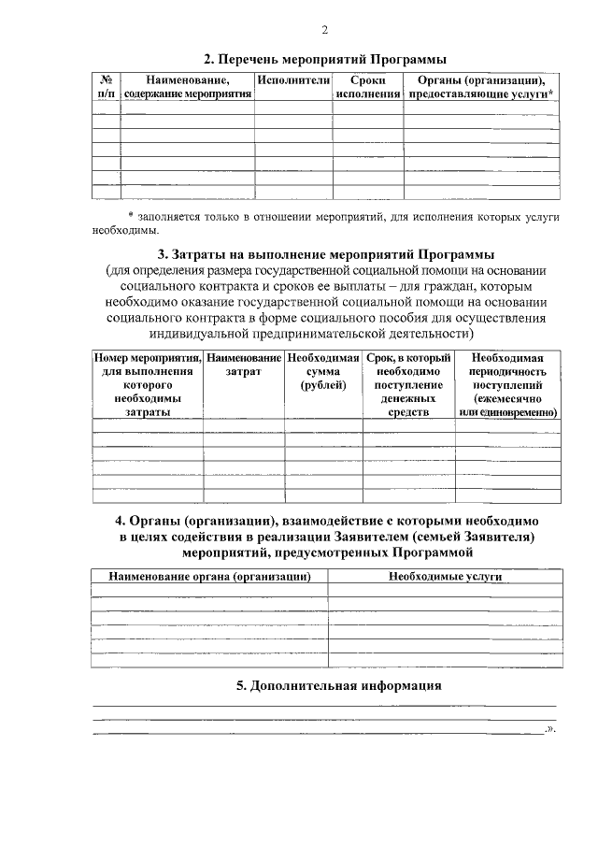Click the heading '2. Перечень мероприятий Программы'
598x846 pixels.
click(x=324, y=58)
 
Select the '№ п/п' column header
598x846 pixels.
click(x=106, y=88)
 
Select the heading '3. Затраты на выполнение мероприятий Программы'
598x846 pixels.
click(x=324, y=254)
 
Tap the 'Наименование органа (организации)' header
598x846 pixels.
click(x=208, y=576)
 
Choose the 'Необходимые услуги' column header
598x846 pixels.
click(x=445, y=576)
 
